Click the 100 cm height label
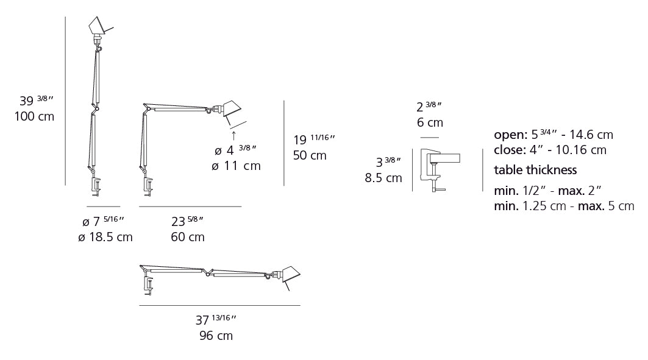tap(34, 116)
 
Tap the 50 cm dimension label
tap(310, 156)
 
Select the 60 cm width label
tap(188, 237)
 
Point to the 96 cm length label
tap(216, 336)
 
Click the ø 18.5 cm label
tap(105, 237)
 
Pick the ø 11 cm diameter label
tap(236, 166)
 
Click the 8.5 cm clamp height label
tap(383, 178)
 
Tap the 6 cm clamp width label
tap(430, 122)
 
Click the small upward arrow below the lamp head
tap(233, 135)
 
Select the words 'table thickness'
tap(535, 170)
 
